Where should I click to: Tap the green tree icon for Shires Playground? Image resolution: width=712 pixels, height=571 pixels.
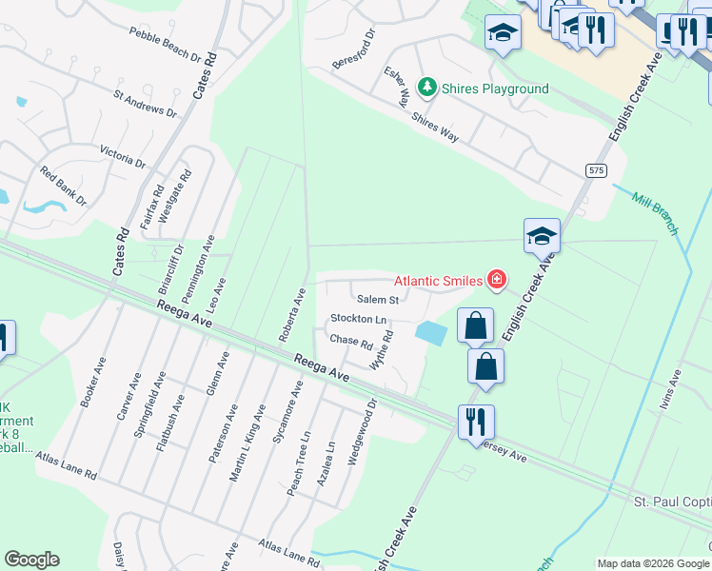pyautogui.click(x=427, y=89)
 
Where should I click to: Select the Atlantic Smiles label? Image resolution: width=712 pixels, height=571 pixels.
pyautogui.click(x=439, y=280)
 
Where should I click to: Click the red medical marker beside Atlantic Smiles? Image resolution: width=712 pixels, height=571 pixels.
pyautogui.click(x=496, y=280)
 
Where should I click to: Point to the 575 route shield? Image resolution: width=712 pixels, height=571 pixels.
pyautogui.click(x=597, y=170)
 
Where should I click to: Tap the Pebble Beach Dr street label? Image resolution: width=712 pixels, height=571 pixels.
pyautogui.click(x=168, y=44)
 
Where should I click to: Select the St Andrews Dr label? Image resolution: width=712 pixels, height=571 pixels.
pyautogui.click(x=145, y=104)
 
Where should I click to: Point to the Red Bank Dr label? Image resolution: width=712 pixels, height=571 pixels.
pyautogui.click(x=63, y=187)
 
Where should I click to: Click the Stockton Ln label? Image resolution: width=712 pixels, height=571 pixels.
pyautogui.click(x=359, y=319)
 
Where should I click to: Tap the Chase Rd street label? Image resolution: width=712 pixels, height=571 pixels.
pyautogui.click(x=350, y=340)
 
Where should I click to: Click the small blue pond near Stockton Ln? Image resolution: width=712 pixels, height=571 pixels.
pyautogui.click(x=431, y=332)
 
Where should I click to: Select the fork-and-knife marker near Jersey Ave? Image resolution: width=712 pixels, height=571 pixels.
pyautogui.click(x=476, y=421)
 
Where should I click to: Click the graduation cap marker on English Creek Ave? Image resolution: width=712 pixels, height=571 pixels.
pyautogui.click(x=542, y=235)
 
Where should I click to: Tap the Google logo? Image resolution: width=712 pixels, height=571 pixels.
pyautogui.click(x=31, y=560)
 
